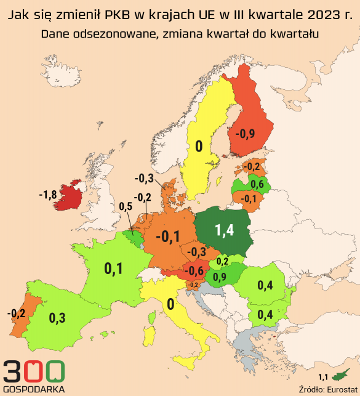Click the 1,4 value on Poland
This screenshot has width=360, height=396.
pyautogui.click(x=224, y=230)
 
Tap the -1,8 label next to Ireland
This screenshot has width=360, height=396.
pyautogui.click(x=47, y=195)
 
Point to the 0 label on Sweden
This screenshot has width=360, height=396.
pyautogui.click(x=199, y=146)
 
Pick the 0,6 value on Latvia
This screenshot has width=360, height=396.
pyautogui.click(x=257, y=184)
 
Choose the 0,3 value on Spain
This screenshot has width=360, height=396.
pyautogui.click(x=57, y=318)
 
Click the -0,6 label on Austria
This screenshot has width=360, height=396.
pyautogui.click(x=196, y=270)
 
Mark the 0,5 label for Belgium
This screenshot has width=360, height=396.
pyautogui.click(x=125, y=206)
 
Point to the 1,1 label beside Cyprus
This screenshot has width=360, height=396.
pyautogui.click(x=322, y=376)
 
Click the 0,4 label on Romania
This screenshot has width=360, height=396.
pyautogui.click(x=266, y=285)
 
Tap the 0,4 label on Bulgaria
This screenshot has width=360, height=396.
pyautogui.click(x=265, y=315)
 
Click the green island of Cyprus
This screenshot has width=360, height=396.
pyautogui.click(x=339, y=374)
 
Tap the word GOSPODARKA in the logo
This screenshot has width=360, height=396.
pyautogui.click(x=33, y=389)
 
